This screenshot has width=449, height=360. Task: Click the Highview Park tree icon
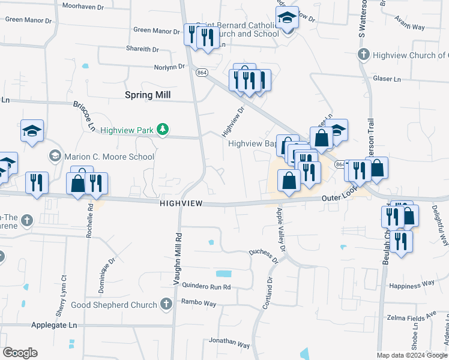[x=161, y=129]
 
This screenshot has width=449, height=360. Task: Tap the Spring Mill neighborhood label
[x=148, y=95]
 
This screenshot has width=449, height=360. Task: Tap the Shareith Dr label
[x=142, y=49]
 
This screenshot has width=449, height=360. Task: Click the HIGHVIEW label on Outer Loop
[x=184, y=204]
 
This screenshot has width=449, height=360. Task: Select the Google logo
[x=20, y=352]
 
